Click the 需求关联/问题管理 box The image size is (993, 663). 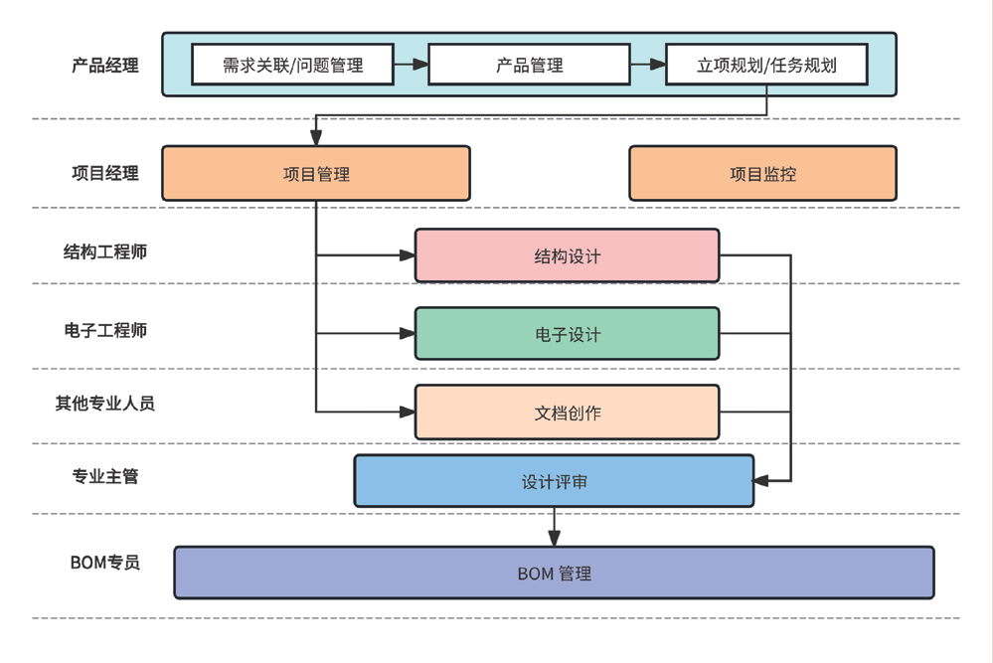292,65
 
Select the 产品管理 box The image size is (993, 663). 529,65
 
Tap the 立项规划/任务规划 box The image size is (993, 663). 765,65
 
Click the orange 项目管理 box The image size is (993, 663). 316,174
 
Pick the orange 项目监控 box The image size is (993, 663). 762,174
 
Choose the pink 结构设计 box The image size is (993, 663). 567,255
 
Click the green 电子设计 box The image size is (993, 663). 567,334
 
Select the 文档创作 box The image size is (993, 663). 567,413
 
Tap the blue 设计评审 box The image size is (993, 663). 554,482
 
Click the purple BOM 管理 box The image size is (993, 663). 554,574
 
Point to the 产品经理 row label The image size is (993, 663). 104,66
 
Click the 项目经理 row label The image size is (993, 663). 104,173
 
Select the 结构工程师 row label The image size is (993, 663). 104,251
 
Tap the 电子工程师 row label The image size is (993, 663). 104,330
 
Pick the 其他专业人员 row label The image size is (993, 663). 104,404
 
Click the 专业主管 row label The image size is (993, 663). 104,477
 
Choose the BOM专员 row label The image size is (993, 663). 104,563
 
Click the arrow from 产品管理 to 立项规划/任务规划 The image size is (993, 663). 647,65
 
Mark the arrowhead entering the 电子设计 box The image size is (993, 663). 408,334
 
